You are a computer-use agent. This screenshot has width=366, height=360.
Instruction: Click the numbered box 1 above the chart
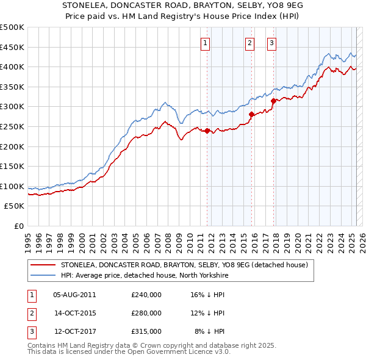pyautogui.click(x=205, y=43)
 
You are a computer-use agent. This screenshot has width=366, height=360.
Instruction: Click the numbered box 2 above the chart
pyautogui.click(x=250, y=43)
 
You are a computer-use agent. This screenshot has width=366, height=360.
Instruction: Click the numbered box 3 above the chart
pyautogui.click(x=271, y=43)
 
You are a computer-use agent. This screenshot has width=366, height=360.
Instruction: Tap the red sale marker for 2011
pyautogui.click(x=207, y=131)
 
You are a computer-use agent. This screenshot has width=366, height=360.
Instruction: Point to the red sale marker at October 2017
pyautogui.click(x=273, y=101)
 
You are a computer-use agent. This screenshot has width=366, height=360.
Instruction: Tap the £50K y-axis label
pyautogui.click(x=14, y=206)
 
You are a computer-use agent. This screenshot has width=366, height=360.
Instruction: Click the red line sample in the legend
pyautogui.click(x=43, y=265)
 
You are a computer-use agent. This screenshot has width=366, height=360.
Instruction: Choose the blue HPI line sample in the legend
pyautogui.click(x=43, y=276)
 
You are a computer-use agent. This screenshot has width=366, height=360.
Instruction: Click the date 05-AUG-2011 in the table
pyautogui.click(x=74, y=295)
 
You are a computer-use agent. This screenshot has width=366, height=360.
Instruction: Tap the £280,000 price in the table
pyautogui.click(x=146, y=313)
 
